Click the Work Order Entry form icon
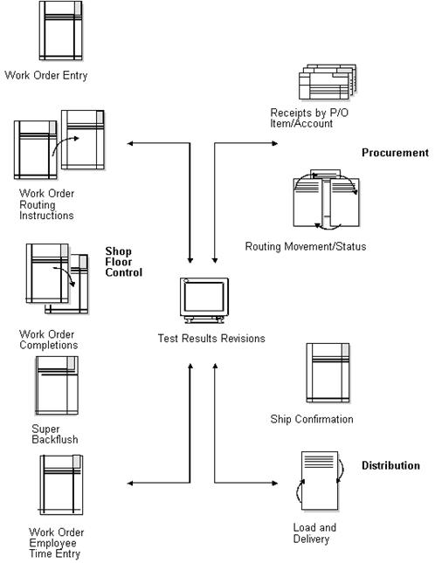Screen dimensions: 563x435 tap(61, 31)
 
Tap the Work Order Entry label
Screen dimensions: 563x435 tap(46, 75)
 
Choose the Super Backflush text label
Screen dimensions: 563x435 tap(54, 434)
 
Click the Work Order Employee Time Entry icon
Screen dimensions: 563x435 tap(61, 486)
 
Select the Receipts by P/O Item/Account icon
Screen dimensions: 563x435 tap(324, 85)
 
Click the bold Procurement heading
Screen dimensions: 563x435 tap(395, 153)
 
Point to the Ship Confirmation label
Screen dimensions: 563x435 tap(312, 419)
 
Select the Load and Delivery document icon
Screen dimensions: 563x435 tap(318, 481)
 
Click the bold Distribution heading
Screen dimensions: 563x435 tap(390, 466)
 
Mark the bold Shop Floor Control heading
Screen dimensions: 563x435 tap(123, 261)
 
